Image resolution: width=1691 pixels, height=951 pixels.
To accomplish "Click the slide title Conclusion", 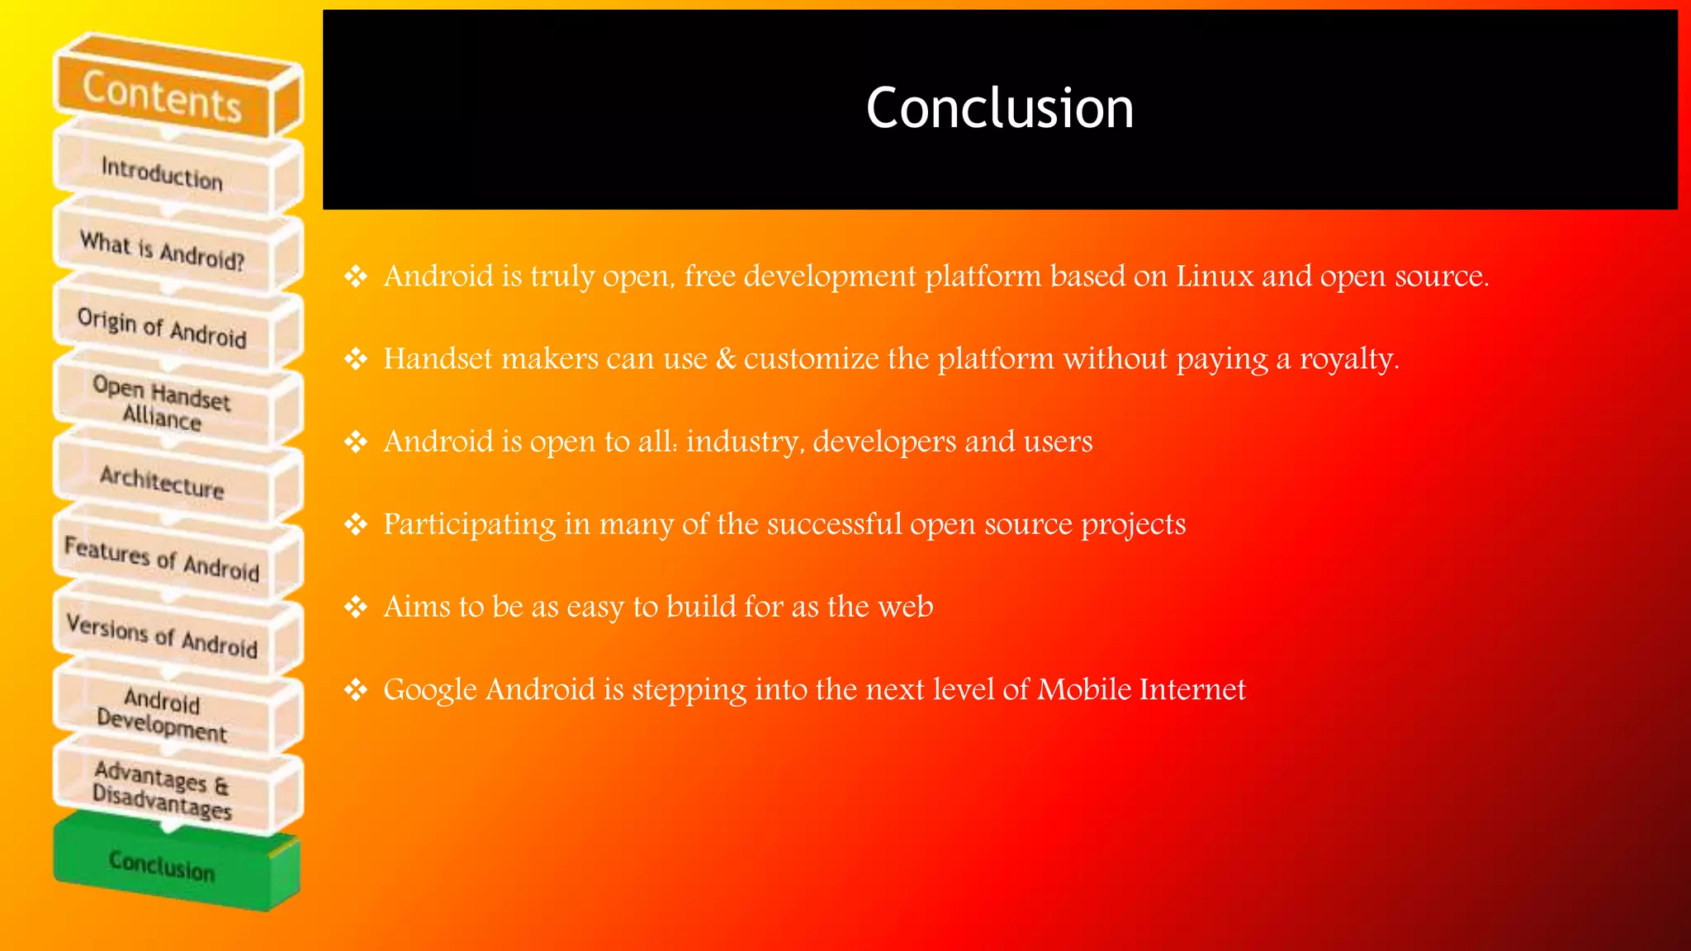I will click(999, 108).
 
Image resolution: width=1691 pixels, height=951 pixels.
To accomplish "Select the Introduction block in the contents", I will click(163, 173).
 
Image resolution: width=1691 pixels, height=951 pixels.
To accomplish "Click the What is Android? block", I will click(163, 250).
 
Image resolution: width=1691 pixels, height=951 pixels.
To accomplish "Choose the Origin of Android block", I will click(163, 328).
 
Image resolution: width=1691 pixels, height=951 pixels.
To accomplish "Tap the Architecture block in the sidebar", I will click(163, 481).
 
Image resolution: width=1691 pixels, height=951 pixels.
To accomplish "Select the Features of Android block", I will click(163, 559).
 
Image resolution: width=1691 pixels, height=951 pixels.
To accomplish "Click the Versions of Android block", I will click(163, 636).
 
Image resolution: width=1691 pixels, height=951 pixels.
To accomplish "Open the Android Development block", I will click(163, 713).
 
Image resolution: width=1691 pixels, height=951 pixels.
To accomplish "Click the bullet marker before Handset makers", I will click(356, 359).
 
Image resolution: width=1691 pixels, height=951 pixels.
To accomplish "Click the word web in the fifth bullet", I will click(906, 607).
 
